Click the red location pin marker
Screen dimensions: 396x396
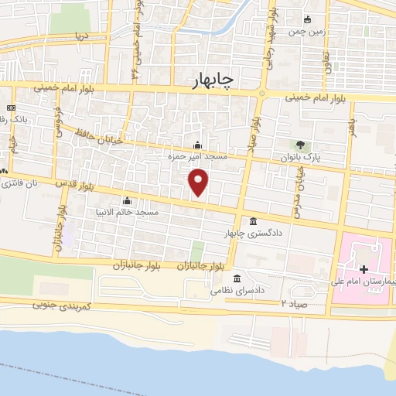tap(199, 183)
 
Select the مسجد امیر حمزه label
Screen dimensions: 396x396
tap(198, 157)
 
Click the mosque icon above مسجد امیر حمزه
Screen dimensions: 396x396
tap(198, 145)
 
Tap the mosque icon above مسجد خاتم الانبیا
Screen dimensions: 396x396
tap(127, 200)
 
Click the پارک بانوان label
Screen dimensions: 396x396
tap(301, 157)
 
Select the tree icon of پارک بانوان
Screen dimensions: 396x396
tap(301, 145)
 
